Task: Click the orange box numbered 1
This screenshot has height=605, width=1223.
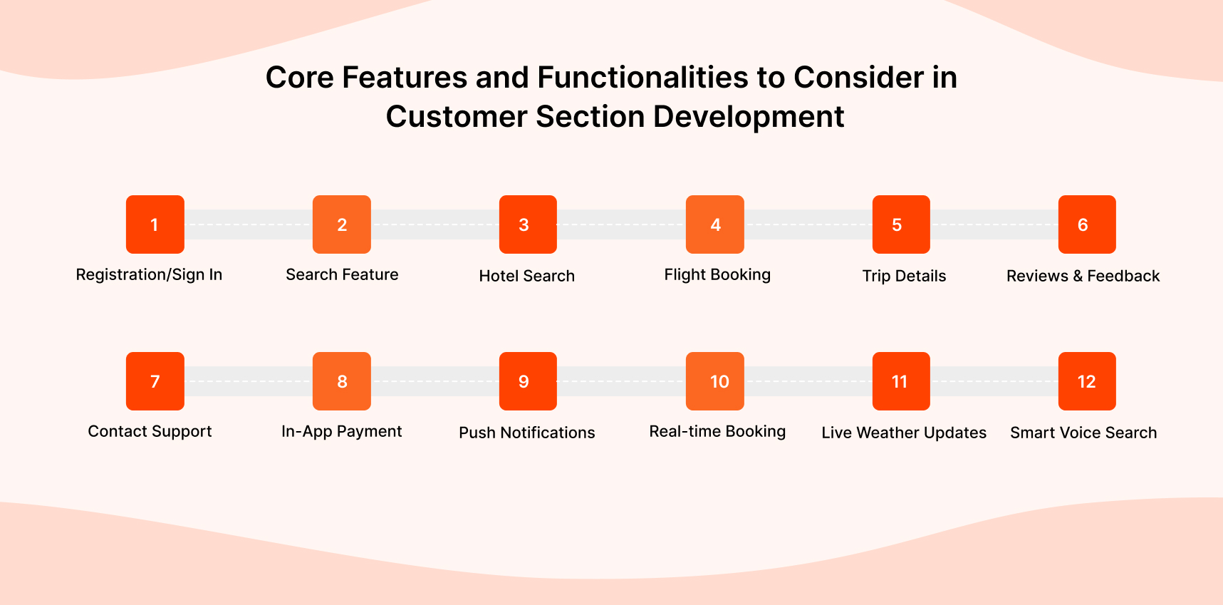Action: (x=155, y=224)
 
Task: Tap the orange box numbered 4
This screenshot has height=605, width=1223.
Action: (x=714, y=224)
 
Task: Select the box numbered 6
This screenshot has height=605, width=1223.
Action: (x=1086, y=224)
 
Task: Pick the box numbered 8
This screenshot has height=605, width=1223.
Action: (x=341, y=381)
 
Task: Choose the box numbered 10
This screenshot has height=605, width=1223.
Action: (x=714, y=381)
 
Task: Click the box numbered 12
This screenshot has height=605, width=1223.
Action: (x=1086, y=381)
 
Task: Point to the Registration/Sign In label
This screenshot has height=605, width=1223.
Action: (x=149, y=275)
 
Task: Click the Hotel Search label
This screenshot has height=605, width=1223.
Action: (x=526, y=276)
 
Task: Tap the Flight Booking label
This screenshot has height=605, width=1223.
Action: (x=717, y=275)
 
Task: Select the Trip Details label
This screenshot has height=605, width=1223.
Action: (x=904, y=276)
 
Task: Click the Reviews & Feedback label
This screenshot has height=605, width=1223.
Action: (x=1083, y=276)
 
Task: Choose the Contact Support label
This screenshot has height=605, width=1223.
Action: (x=150, y=431)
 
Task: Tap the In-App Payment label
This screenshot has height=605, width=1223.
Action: (x=341, y=431)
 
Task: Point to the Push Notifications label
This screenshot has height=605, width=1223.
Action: (x=526, y=433)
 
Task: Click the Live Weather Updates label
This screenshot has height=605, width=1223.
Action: (x=903, y=433)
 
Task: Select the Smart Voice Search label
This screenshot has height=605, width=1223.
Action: (x=1083, y=433)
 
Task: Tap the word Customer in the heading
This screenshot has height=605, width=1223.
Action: (x=456, y=117)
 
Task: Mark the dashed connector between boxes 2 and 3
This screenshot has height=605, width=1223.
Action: (x=434, y=224)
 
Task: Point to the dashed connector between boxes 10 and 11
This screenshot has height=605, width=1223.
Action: (x=808, y=381)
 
